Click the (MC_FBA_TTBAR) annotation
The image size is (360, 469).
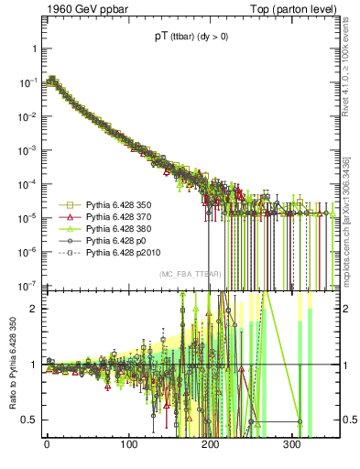point(188,275)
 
